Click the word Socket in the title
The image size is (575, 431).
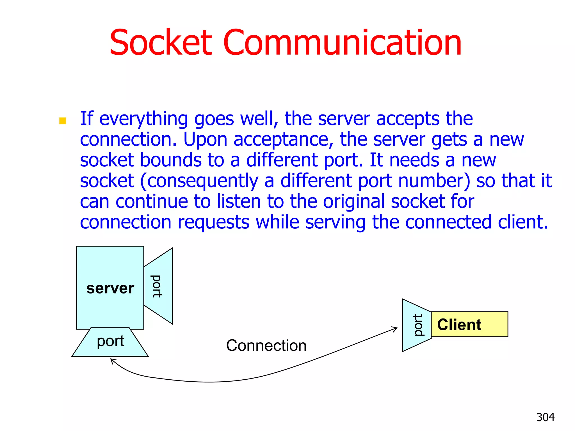(161, 43)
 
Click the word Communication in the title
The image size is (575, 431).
(342, 43)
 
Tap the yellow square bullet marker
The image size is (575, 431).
(63, 121)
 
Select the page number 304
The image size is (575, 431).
(545, 417)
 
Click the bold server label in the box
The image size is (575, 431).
(110, 288)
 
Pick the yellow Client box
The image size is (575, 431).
(469, 324)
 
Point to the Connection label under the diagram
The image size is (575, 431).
(266, 345)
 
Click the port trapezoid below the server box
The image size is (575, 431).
(110, 342)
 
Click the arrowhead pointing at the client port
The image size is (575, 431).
(395, 329)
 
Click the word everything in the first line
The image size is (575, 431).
(143, 119)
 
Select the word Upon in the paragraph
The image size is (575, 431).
(205, 139)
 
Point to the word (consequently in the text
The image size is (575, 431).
(199, 181)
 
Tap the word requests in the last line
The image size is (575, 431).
(213, 222)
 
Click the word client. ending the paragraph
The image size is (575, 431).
(523, 222)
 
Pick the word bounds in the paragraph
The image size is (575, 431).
(171, 160)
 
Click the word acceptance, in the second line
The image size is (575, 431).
(283, 139)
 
